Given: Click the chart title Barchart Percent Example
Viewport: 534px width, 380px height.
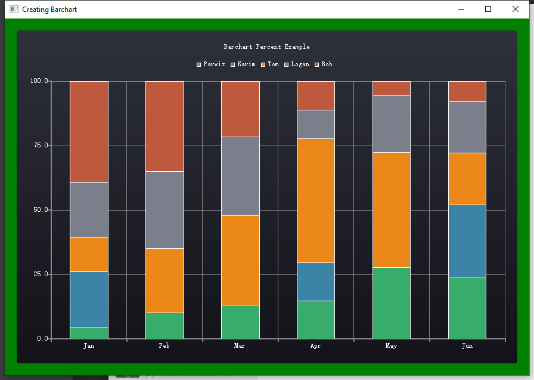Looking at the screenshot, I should [266, 47].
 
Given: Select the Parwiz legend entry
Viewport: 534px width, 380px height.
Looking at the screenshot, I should [211, 64].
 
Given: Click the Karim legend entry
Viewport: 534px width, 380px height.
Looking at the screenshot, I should [243, 64].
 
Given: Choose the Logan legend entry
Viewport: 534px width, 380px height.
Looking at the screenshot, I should [297, 64].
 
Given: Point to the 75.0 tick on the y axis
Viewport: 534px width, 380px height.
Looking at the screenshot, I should [39, 146].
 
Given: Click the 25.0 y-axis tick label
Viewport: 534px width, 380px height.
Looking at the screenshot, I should [39, 274].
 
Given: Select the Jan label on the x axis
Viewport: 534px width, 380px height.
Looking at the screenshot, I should [89, 345].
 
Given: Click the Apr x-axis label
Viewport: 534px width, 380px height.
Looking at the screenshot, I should [315, 345].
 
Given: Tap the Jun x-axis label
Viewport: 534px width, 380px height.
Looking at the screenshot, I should [467, 345].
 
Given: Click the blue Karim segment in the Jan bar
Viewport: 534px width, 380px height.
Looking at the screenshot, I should [89, 299].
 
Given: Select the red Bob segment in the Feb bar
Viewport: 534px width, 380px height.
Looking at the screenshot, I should [164, 126].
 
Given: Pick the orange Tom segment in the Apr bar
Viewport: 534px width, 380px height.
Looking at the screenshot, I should [315, 200].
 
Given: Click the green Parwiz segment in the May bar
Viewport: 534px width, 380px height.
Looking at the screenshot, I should [391, 303].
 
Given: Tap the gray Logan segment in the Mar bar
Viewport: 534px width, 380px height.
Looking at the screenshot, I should [240, 176].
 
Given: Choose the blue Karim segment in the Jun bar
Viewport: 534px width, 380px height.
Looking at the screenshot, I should [467, 240].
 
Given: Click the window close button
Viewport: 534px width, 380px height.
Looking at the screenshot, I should [516, 9].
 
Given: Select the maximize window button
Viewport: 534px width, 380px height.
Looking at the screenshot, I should [488, 9].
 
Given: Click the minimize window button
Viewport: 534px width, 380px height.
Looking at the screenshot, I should [461, 9].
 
